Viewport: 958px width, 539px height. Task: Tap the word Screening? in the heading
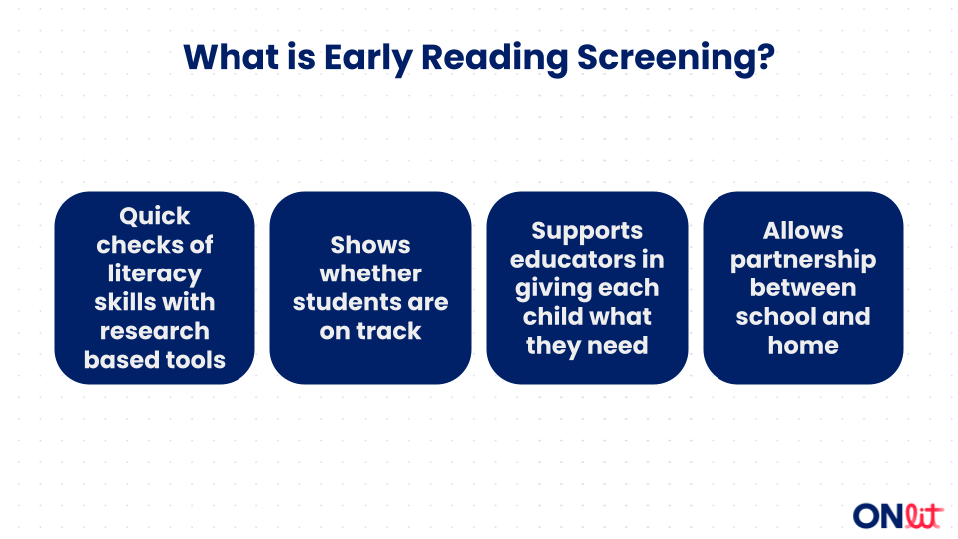[676, 58]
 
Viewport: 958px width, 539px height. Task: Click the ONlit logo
[898, 515]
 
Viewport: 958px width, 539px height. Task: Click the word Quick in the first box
[155, 216]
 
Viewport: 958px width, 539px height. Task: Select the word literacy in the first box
[155, 273]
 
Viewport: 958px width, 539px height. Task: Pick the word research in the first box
[155, 331]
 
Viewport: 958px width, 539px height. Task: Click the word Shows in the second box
[371, 245]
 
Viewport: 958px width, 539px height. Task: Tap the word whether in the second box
[371, 273]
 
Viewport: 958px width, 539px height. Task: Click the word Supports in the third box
[587, 231]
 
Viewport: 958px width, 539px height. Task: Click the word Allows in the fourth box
[803, 230]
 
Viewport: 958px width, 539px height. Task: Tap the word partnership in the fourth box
[803, 260]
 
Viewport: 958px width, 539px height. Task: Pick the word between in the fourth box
[803, 287]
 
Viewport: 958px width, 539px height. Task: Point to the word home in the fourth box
[803, 346]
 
